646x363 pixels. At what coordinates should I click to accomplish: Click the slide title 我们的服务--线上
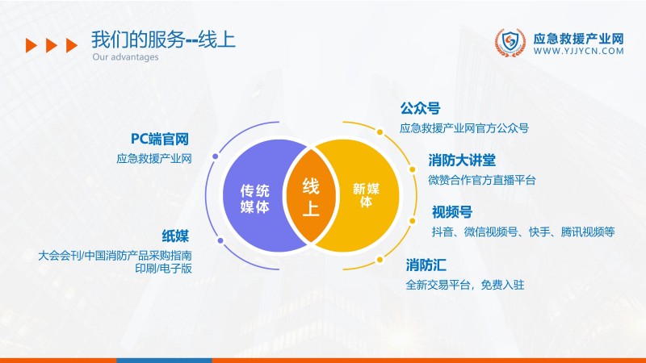coord(163,40)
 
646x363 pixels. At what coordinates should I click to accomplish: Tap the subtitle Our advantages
coord(125,57)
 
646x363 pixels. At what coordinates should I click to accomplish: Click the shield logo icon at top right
coord(510,44)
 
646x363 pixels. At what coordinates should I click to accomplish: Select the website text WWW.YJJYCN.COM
coord(579,51)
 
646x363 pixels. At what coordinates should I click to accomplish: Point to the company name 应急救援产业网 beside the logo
coord(579,37)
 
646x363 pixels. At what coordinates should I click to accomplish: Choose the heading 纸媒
coord(175,236)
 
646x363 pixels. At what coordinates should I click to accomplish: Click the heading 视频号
coord(451,212)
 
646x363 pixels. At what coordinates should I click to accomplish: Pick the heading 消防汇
coord(426,265)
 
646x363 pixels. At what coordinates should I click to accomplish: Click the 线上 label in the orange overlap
coord(311,198)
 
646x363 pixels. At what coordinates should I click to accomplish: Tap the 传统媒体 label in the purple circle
coord(255,198)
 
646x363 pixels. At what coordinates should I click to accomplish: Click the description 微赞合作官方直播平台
coord(482,179)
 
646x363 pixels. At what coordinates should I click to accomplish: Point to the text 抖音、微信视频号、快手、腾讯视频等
coord(522,232)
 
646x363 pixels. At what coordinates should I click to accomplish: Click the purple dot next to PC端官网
coord(214,156)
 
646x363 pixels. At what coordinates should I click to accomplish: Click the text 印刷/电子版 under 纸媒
coord(163,269)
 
